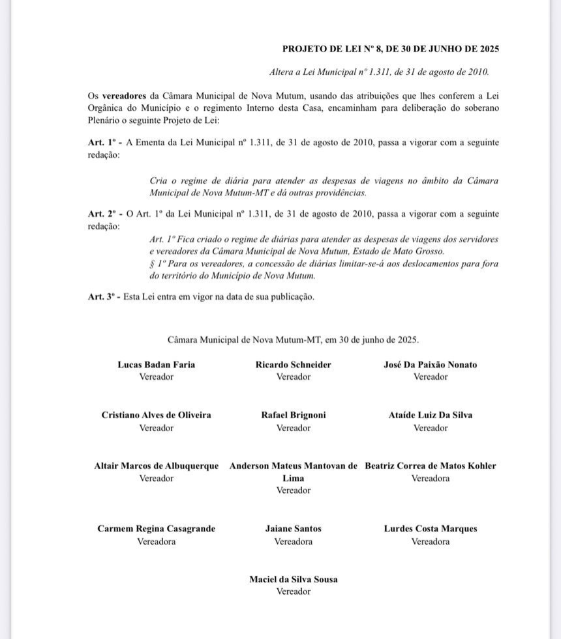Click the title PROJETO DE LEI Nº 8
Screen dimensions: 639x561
coord(391,49)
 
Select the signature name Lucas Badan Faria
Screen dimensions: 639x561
coord(156,365)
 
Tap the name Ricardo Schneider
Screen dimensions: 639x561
coord(293,365)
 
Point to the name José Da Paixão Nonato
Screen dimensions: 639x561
coord(430,365)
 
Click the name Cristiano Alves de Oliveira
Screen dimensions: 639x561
coord(156,415)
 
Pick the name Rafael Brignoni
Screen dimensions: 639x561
coord(293,415)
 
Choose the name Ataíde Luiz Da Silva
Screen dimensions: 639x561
coord(430,415)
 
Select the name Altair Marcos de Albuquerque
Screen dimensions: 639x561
coord(156,466)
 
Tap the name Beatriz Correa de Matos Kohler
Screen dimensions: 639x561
coord(430,466)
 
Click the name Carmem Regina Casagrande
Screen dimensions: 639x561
coord(156,529)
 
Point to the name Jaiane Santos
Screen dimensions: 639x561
coord(293,529)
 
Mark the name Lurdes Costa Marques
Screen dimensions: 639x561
coord(430,529)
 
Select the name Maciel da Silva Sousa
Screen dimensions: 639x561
coord(293,579)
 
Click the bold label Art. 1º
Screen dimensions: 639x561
coord(102,143)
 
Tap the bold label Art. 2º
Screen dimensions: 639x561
coord(102,214)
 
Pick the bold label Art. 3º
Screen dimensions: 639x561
coord(102,297)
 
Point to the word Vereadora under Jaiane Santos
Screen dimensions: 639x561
coord(293,541)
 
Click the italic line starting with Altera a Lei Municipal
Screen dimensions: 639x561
coord(379,72)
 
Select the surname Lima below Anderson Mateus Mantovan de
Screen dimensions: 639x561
coord(293,478)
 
